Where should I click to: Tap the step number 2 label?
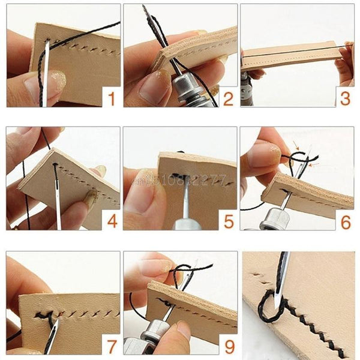tap(227, 97)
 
